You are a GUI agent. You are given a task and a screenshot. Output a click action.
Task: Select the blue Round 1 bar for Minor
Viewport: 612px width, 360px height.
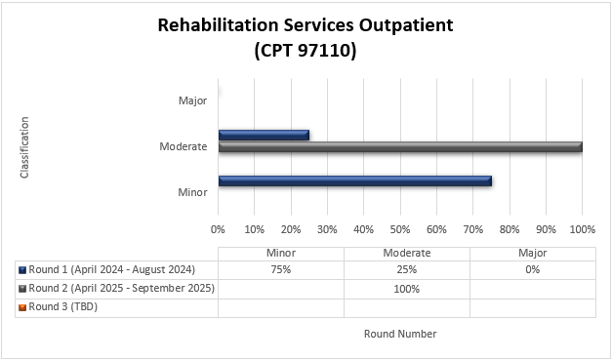(354, 180)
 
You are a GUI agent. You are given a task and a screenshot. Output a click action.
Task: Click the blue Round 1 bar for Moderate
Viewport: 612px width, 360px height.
(264, 135)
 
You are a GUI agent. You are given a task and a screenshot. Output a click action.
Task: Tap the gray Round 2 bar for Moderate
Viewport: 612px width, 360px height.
(400, 146)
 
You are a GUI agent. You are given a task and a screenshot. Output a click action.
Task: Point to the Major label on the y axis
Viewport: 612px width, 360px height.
(192, 100)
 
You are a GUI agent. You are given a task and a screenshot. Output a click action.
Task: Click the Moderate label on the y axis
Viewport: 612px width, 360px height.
(184, 146)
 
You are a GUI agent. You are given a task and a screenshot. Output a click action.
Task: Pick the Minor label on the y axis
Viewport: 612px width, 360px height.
(191, 192)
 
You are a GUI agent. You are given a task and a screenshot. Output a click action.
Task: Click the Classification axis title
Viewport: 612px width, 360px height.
(25, 147)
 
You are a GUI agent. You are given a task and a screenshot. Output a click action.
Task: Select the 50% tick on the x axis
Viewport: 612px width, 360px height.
(400, 230)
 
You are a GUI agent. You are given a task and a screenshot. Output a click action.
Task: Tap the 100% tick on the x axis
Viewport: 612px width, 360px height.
(582, 230)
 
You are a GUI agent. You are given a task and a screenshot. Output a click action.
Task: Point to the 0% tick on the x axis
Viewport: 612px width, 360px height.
(218, 230)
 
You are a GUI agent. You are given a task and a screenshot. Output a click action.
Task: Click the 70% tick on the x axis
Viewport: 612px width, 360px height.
(472, 230)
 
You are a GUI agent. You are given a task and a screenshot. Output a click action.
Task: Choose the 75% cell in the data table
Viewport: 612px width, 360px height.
(280, 270)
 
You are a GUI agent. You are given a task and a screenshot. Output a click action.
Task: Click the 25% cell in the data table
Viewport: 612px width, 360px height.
(406, 270)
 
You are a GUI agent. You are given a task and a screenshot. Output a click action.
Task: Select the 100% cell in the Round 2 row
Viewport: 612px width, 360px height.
(406, 289)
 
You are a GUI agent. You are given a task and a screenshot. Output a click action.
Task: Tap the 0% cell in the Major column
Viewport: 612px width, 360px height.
(532, 270)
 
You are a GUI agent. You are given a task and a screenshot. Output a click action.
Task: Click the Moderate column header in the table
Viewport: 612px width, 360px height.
(406, 253)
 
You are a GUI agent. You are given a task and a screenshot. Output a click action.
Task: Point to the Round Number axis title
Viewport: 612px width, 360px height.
(400, 334)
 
